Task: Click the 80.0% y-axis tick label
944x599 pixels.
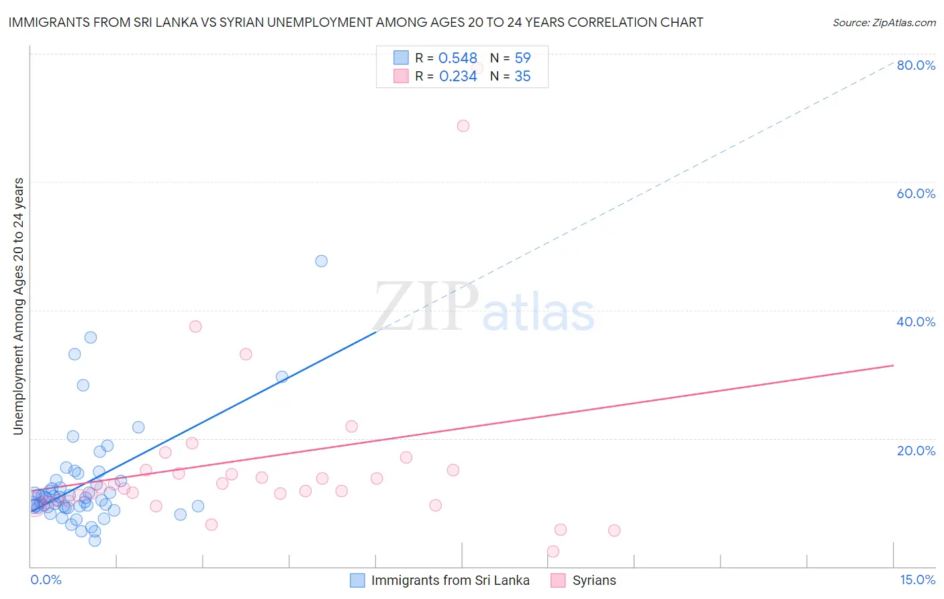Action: click(916, 65)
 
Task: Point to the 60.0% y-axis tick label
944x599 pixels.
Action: click(916, 193)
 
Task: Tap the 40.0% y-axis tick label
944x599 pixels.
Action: click(916, 322)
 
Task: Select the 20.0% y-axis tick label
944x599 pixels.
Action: click(916, 450)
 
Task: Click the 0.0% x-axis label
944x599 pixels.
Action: click(46, 580)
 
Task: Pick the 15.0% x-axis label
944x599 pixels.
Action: click(917, 580)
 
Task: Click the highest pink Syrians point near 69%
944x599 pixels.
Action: click(463, 126)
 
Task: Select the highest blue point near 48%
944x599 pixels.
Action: click(322, 261)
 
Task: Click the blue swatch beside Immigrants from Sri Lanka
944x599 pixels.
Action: click(357, 580)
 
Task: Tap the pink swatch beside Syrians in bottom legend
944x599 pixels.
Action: click(558, 580)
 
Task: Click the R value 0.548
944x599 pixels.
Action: click(457, 58)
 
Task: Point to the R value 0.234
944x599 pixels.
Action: click(457, 77)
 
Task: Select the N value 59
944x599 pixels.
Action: click(522, 58)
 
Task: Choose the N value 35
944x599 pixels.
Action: click(522, 77)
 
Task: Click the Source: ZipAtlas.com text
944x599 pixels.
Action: click(884, 23)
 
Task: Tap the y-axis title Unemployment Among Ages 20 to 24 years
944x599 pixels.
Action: click(19, 306)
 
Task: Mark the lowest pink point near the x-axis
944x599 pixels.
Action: click(553, 551)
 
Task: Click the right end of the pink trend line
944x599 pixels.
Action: click(893, 365)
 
